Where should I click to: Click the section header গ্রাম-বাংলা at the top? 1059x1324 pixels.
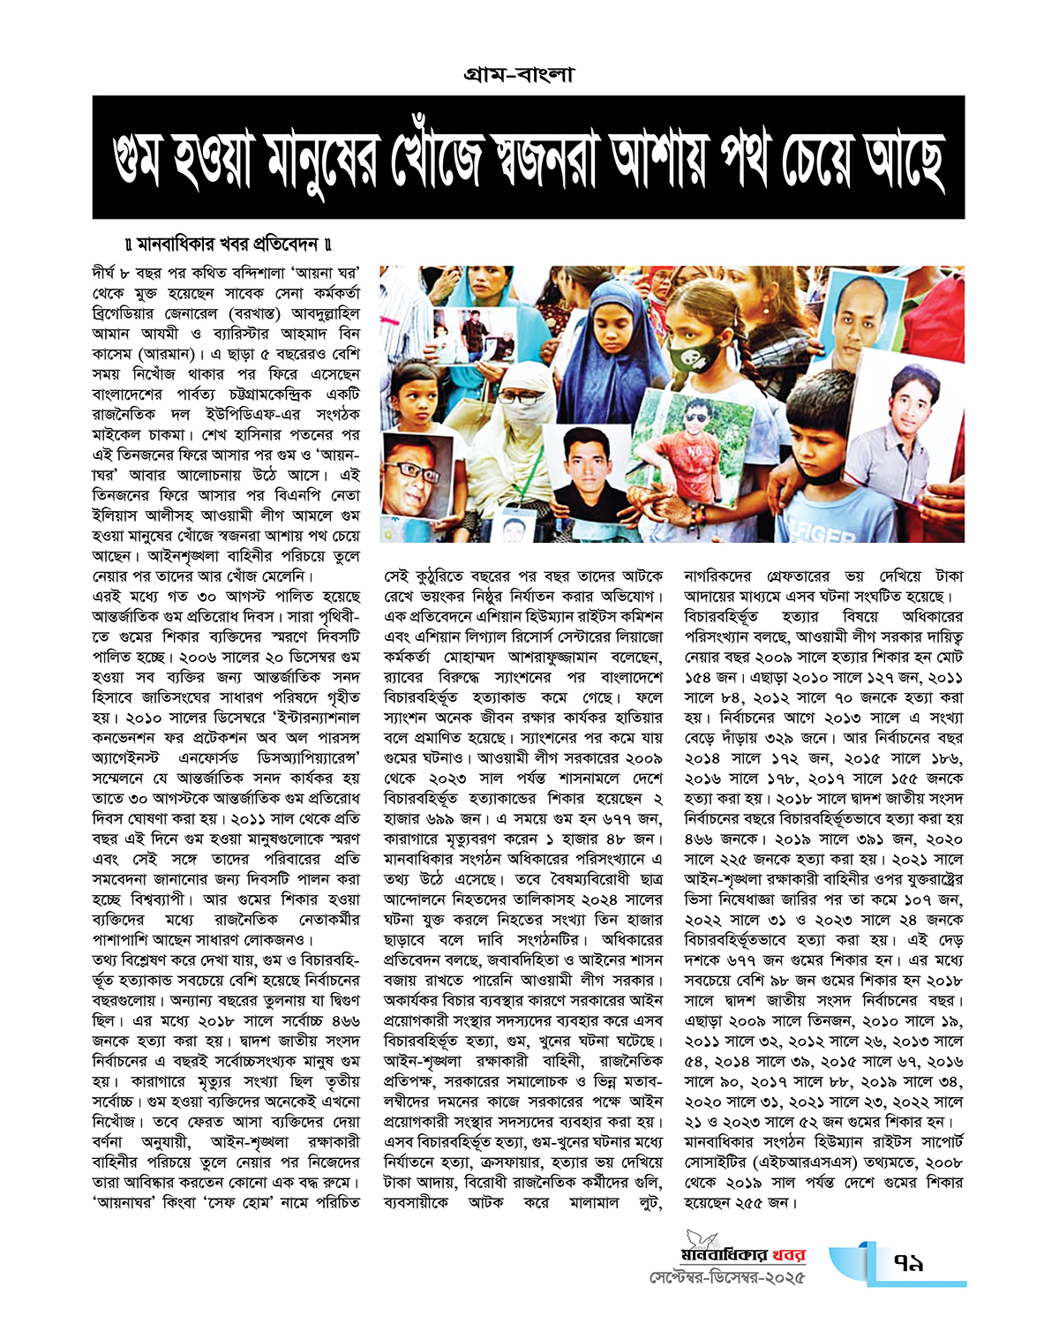519,74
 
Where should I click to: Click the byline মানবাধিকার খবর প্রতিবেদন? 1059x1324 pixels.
229,244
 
